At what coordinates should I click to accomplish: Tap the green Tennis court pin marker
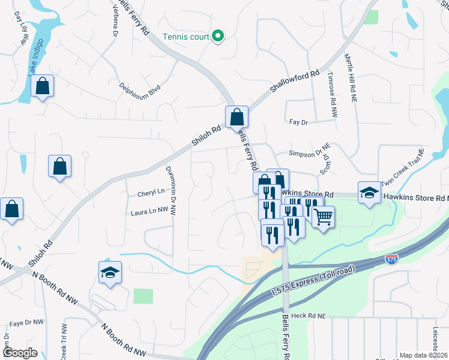click(x=218, y=37)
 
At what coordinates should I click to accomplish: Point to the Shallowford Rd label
click(x=295, y=82)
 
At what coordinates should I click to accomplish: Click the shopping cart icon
click(x=324, y=217)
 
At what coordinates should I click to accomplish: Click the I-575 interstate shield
click(x=391, y=259)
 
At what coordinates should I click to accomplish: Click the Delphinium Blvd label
click(x=140, y=89)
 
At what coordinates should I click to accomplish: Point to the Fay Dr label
click(x=298, y=122)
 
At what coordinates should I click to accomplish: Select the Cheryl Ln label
click(x=151, y=192)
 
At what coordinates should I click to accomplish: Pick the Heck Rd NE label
click(x=307, y=315)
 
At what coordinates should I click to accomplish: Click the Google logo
click(x=20, y=353)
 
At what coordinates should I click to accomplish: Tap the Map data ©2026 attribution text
click(x=423, y=355)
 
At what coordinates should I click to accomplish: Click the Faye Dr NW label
click(x=26, y=322)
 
